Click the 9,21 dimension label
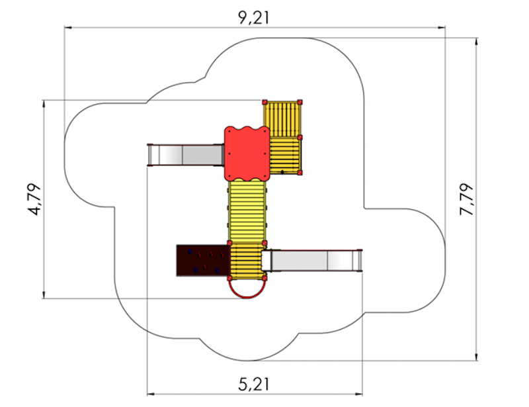point(254,18)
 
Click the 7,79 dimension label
point(467,199)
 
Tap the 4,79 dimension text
point(34,199)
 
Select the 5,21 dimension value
point(254,384)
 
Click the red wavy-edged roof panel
point(247,154)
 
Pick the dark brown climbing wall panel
point(203,260)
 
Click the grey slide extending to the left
point(186,155)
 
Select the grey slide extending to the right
point(312,260)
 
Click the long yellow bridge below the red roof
point(247,211)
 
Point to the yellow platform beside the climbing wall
point(247,261)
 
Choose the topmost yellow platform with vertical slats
point(282,119)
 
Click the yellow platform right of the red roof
point(286,156)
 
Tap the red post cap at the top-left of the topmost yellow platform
point(265,102)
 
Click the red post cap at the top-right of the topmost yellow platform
point(300,102)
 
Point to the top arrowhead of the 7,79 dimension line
point(476,42)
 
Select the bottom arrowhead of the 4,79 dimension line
point(44,294)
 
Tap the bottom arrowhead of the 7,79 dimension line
point(476,357)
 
